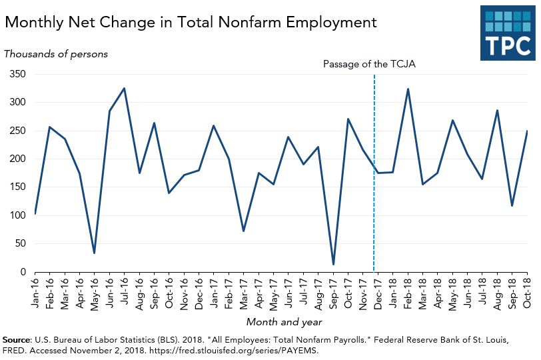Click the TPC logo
507,33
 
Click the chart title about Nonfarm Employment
191,22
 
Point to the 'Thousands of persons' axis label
56,54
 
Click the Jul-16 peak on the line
125,88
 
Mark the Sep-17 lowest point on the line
333,265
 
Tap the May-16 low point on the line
95,253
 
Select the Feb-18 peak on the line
408,89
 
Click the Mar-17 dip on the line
243,231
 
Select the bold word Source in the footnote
18,339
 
